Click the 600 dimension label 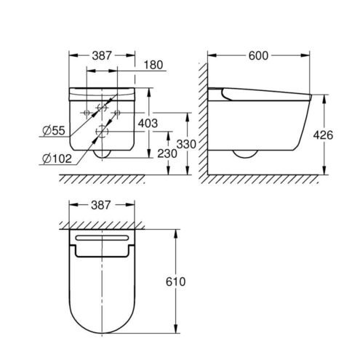(x=258, y=56)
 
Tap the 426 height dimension (x=323, y=135)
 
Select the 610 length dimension (x=176, y=281)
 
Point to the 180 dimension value (x=153, y=65)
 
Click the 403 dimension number (x=148, y=124)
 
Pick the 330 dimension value (x=186, y=145)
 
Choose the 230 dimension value (x=167, y=153)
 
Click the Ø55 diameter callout (x=54, y=131)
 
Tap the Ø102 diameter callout (x=57, y=159)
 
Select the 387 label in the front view (x=102, y=56)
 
